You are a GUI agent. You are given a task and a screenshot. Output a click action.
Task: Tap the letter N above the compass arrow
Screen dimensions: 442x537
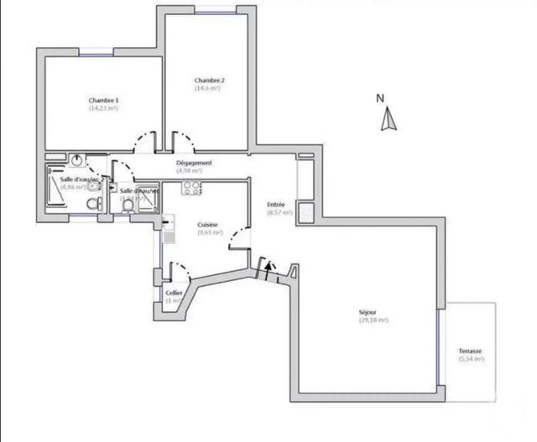pos(380,98)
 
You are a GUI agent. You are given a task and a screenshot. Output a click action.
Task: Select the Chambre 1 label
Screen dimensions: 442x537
pos(103,100)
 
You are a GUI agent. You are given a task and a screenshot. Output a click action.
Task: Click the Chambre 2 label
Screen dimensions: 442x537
pos(209,81)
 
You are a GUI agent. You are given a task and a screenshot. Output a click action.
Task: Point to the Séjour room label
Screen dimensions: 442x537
pos(373,312)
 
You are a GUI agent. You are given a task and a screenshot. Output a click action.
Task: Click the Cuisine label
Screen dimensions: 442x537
pos(209,225)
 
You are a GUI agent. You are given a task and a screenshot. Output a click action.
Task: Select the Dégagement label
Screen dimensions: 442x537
pos(194,163)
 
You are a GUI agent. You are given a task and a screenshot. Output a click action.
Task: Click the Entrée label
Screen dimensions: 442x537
pos(276,205)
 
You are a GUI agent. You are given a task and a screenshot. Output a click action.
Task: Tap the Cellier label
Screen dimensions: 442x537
pos(174,292)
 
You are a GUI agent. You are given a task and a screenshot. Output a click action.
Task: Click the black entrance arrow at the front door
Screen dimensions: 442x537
pos(268,270)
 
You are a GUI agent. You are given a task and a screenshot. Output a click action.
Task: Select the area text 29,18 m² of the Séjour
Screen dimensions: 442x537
pos(373,320)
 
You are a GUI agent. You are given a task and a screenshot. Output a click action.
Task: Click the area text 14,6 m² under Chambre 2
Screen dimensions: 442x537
pos(208,88)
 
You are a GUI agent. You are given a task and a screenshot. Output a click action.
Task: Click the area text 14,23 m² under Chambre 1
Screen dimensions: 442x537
pos(103,108)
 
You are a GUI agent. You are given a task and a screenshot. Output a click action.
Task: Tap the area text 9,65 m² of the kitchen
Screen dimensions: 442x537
pos(209,233)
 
